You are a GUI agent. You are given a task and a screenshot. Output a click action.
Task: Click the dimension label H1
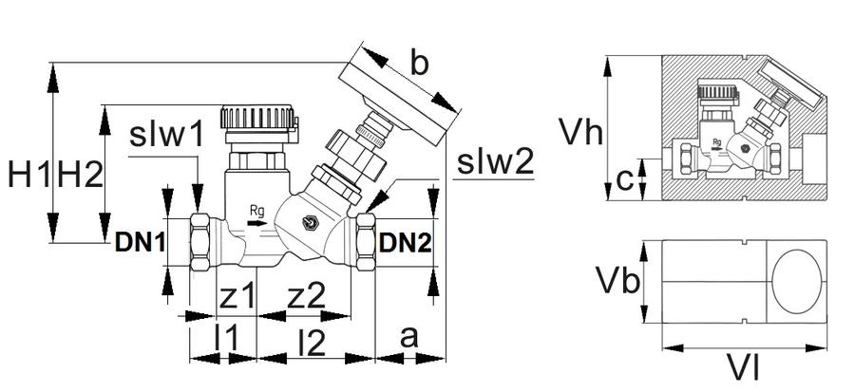(x=29, y=176)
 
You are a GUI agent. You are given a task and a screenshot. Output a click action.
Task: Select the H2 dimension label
(x=80, y=176)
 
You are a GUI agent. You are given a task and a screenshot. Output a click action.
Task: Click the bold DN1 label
(x=140, y=243)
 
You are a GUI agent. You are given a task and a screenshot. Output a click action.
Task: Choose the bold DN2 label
(x=405, y=243)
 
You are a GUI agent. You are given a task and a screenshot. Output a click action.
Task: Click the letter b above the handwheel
(x=419, y=64)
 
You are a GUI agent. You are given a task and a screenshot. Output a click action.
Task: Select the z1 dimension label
(x=237, y=296)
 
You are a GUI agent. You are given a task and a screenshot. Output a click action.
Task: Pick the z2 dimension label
(x=306, y=296)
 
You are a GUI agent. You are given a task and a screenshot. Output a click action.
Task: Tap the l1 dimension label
(x=226, y=341)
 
